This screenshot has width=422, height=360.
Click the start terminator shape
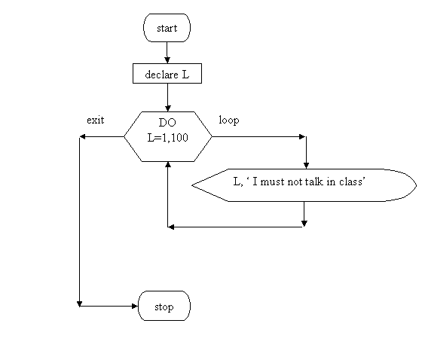167,28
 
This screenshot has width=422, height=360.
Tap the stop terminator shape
164,306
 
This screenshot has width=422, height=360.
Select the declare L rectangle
167,74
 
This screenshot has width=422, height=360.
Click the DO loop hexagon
168,136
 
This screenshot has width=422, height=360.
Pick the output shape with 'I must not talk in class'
304,185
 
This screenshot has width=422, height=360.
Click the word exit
95,120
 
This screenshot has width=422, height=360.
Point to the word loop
229,120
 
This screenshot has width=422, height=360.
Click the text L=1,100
167,138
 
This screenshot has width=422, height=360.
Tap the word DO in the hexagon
167,123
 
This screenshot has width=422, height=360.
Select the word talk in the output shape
313,182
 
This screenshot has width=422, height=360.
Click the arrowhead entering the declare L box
167,60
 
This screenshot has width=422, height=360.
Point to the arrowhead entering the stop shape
135,307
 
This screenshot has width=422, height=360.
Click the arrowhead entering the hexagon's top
167,108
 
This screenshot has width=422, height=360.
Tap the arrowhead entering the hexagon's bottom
168,165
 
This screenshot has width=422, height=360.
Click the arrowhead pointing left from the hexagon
83,136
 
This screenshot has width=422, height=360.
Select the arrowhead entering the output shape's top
306,166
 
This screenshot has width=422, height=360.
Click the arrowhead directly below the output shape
304,224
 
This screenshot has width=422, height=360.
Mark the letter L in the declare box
185,75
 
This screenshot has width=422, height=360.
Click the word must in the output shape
272,182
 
